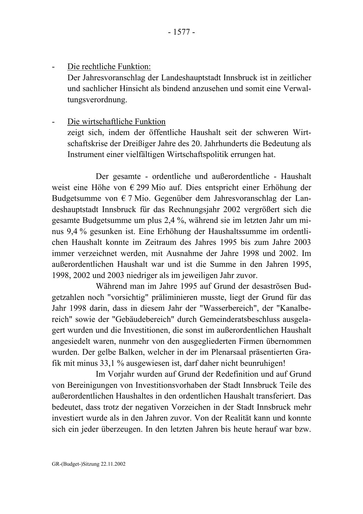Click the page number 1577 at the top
coord(181,32)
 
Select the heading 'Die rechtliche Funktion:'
coord(109,67)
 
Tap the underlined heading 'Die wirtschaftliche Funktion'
coord(116,122)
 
